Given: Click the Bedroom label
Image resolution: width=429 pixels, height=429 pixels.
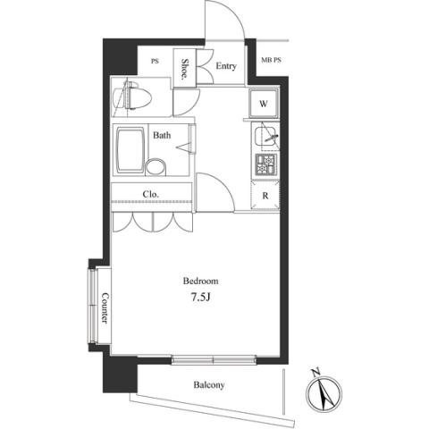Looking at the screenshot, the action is point(200,281).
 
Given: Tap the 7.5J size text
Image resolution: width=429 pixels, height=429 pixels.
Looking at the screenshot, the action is point(201,297).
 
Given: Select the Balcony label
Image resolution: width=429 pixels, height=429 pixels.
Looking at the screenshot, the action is point(209,385).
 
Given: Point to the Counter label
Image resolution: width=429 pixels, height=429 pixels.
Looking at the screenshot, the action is point(105,308).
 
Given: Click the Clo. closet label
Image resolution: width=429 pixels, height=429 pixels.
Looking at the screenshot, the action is point(150,195).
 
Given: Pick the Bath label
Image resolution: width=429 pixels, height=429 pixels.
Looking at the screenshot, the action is point(162,135).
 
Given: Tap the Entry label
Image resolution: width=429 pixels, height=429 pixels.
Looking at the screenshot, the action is point(226,66).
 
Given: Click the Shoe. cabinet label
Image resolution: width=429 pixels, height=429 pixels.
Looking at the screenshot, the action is point(185,69).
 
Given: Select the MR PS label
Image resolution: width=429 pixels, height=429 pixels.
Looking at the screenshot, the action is point(271,60).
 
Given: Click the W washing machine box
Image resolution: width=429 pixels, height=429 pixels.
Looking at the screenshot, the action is point(264,104).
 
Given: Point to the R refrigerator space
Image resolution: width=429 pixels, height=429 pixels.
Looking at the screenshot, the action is point(265,196).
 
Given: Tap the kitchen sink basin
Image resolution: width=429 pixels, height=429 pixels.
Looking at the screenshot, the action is point(265,136).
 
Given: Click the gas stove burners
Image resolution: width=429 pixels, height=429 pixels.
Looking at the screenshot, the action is point(265,164).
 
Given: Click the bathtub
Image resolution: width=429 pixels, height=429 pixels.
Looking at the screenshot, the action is point(130,150).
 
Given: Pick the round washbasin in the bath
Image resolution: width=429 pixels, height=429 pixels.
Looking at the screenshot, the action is point(156,167).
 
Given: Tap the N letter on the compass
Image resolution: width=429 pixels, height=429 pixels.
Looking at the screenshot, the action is point(315,373).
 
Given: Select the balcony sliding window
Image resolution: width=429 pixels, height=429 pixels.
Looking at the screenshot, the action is point(214,359).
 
